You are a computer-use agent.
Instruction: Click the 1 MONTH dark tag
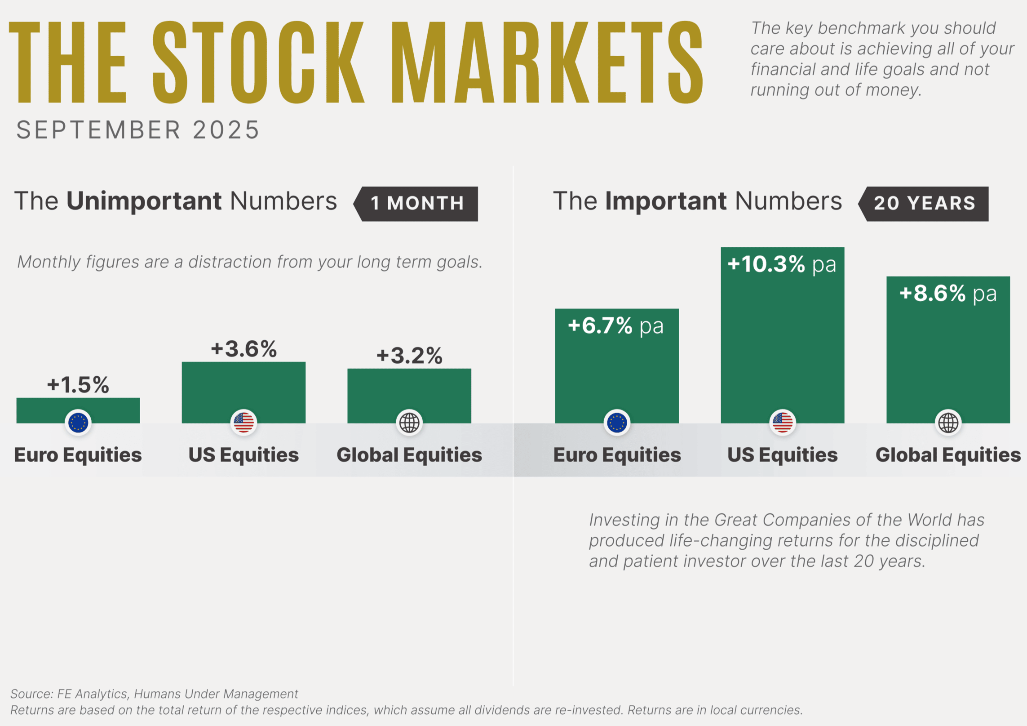[x=417, y=204]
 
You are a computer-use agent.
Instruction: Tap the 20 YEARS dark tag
[x=925, y=204]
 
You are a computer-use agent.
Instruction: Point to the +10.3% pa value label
[x=782, y=264]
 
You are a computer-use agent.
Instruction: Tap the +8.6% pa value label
[x=948, y=294]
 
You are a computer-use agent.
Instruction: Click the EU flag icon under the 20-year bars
[x=617, y=423]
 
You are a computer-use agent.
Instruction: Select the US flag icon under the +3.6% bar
[x=243, y=423]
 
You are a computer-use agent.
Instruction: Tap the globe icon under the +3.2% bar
[x=409, y=423]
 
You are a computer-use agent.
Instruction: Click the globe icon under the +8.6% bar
[x=948, y=423]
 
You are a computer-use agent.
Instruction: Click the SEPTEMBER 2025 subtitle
[x=138, y=130]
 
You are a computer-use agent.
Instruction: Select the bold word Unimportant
[x=144, y=201]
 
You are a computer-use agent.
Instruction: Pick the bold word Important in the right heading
[x=666, y=201]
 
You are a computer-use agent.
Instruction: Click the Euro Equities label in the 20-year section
[x=617, y=455]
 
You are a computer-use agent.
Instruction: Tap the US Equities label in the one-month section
[x=243, y=455]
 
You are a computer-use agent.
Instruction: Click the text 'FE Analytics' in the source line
[x=92, y=694]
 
